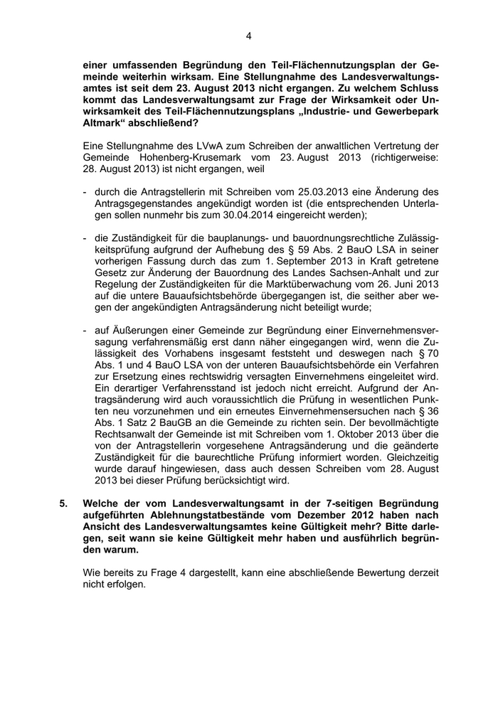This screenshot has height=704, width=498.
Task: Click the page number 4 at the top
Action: (249, 35)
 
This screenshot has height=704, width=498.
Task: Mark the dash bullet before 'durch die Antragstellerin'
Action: (85, 192)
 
